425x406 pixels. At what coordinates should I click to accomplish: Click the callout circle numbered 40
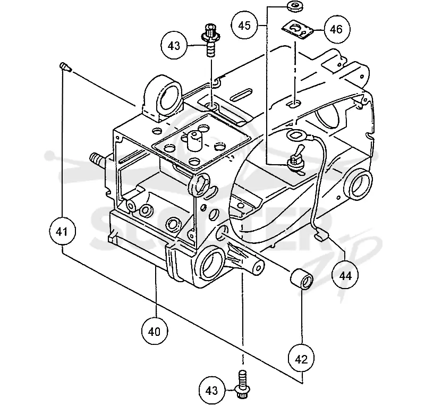tap(155, 331)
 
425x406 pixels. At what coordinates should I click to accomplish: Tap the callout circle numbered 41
tap(62, 232)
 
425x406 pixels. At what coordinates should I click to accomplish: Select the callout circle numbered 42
tap(301, 359)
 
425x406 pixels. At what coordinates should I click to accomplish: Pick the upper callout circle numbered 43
tap(174, 46)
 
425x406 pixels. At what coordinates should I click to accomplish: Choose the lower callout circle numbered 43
tap(211, 391)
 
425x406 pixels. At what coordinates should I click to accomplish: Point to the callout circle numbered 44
tap(345, 276)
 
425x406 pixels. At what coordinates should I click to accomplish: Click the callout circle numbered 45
tap(244, 26)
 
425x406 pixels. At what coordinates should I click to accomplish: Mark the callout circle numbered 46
tap(337, 29)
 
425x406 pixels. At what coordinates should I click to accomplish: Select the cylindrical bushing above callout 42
tap(302, 279)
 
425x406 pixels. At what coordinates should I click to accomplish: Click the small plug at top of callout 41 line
tap(65, 66)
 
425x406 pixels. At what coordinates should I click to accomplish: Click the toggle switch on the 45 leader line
tap(295, 161)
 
